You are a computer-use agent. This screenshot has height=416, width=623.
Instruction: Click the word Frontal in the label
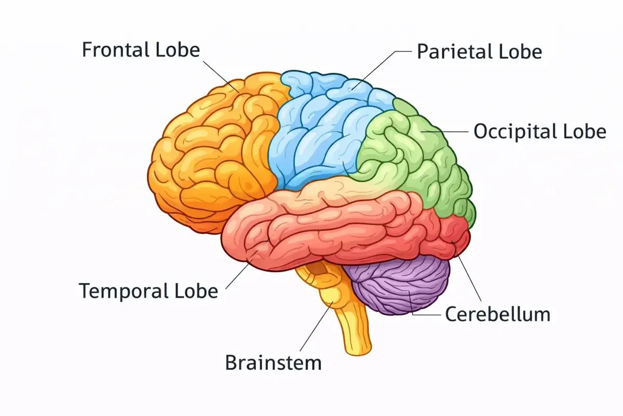pyautogui.click(x=116, y=50)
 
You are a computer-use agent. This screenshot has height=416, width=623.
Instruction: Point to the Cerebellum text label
pyautogui.click(x=497, y=314)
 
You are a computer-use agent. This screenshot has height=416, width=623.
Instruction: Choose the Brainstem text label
pyautogui.click(x=273, y=362)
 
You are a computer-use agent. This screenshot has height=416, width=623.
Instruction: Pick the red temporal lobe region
pyautogui.click(x=332, y=229)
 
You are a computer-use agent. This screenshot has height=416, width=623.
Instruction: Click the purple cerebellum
pyautogui.click(x=400, y=286)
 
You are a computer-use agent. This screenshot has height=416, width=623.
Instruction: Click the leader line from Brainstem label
pyautogui.click(x=314, y=328)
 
